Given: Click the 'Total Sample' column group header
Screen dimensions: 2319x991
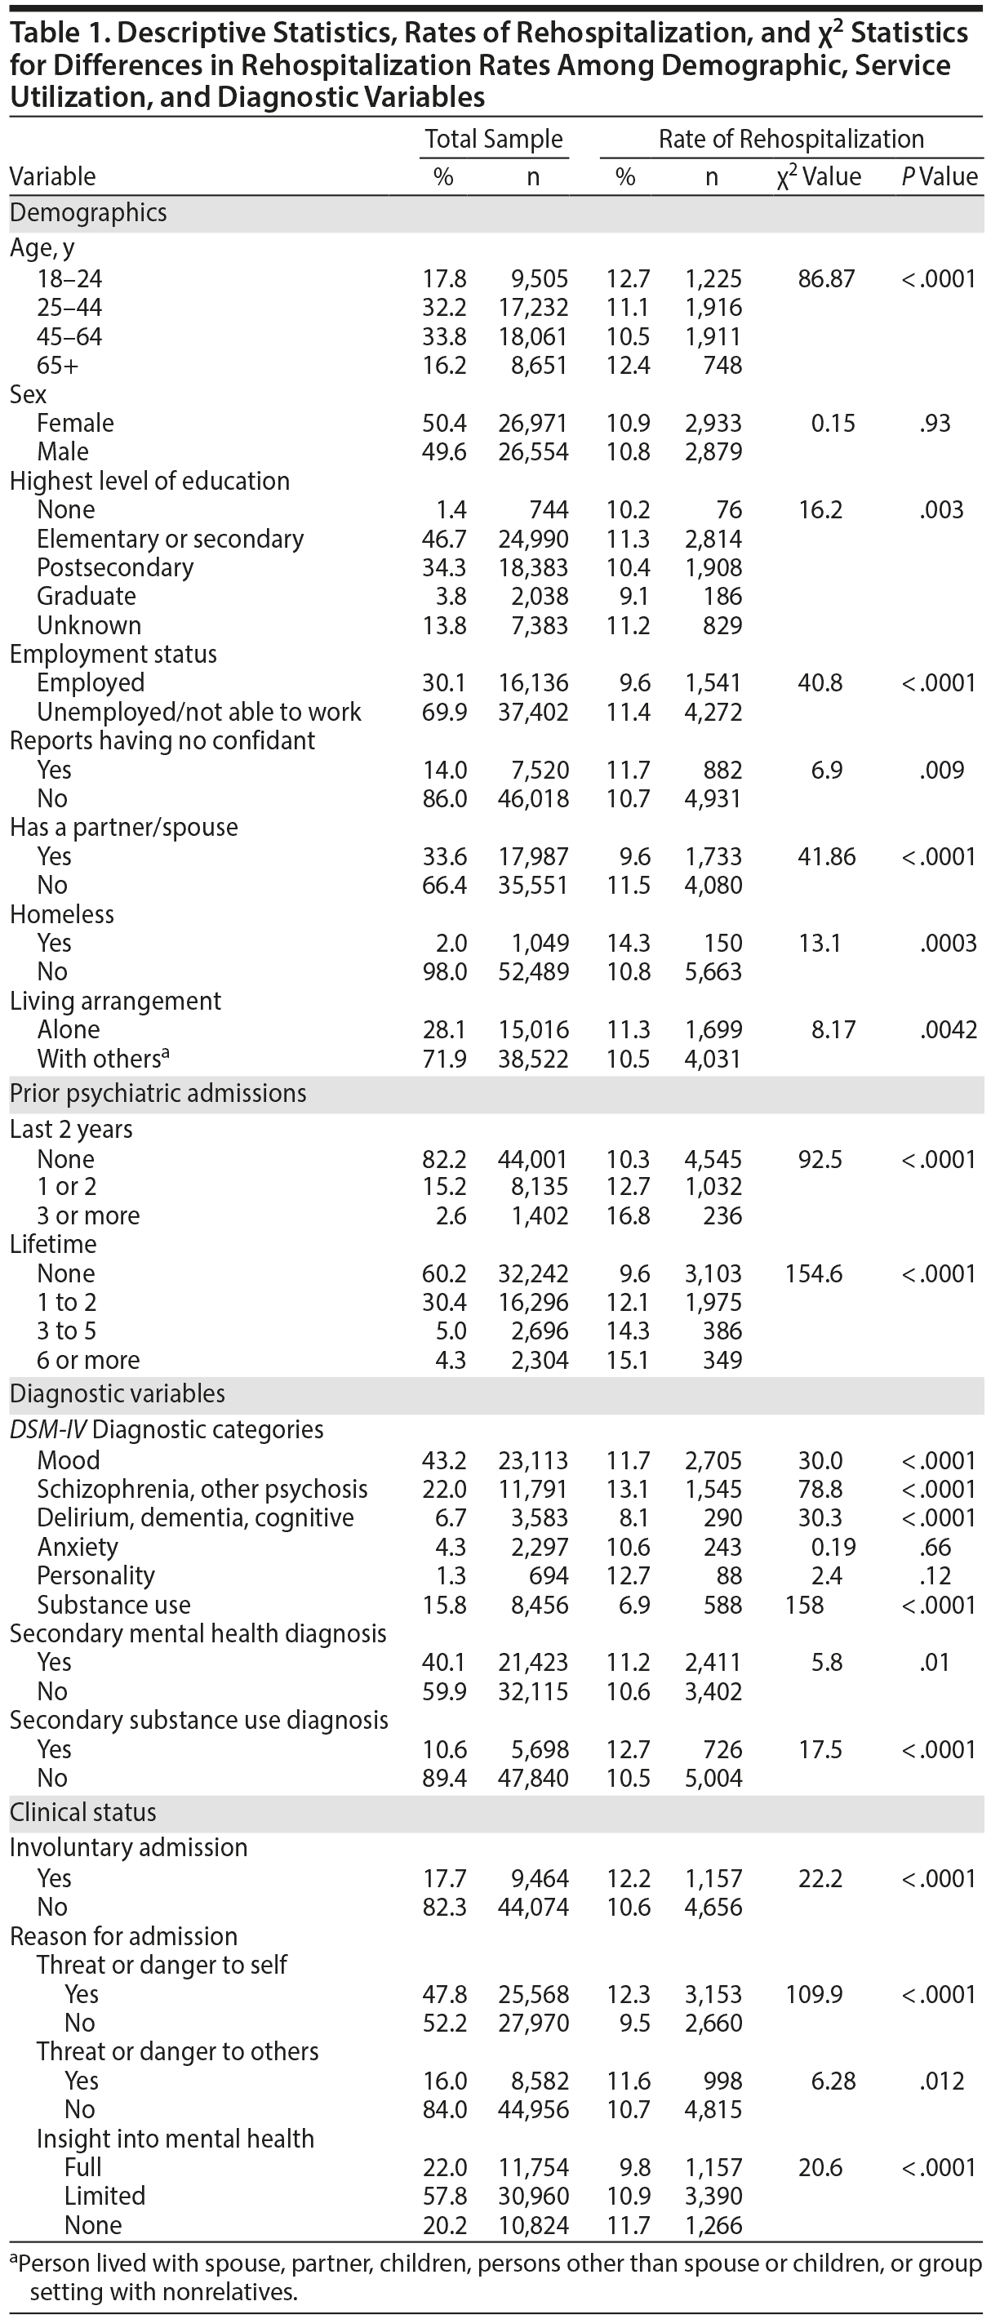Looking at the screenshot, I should pos(493,139).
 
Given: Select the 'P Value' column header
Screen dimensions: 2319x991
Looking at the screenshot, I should pos(939,176).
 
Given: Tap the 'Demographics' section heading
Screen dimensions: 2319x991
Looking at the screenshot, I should pos(88,212).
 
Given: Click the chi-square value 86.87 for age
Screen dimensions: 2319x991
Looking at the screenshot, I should pos(826,278).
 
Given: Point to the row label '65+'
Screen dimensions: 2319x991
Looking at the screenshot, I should pos(58,365).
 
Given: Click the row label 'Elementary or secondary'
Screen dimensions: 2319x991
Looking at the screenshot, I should pos(170,539).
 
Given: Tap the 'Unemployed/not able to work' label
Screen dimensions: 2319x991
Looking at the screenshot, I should pos(198,711).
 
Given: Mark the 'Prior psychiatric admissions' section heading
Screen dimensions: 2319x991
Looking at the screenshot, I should pos(158,1093).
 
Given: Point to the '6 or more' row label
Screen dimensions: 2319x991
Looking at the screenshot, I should pos(88,1359).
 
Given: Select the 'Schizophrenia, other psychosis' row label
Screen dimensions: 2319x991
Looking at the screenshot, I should pos(202,1489).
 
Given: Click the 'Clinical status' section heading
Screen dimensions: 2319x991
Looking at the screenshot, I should pos(82,1812).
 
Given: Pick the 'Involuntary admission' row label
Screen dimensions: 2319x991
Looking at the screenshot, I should pos(128,1847).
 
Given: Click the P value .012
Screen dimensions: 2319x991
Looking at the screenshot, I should pos(941,2081).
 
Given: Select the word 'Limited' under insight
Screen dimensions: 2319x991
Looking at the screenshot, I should pos(104,2196).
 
